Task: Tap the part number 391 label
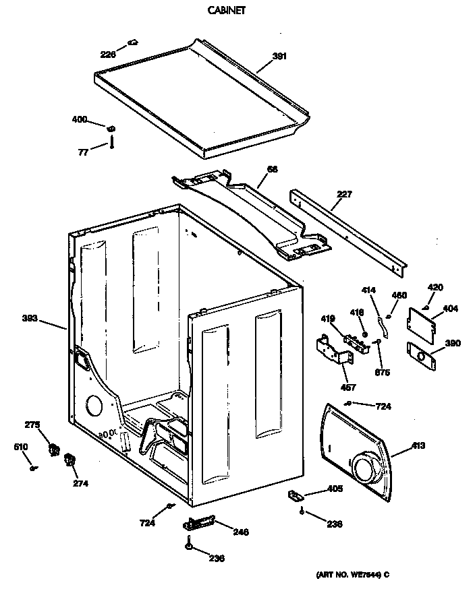(279, 57)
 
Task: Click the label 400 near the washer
(80, 120)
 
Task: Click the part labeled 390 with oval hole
(421, 353)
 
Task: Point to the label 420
(435, 288)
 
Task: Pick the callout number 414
(368, 291)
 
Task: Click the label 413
(418, 445)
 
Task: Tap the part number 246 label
(200, 522)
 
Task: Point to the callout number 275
(32, 425)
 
